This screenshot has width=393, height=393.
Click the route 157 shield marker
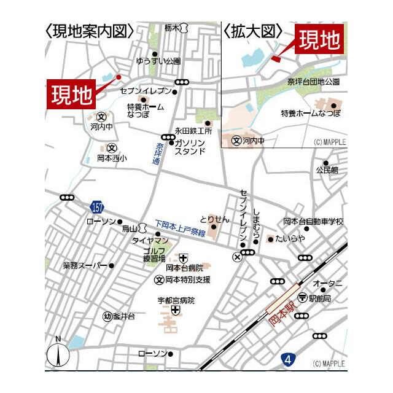pyautogui.click(x=97, y=206)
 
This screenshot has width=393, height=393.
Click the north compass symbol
pyautogui.click(x=57, y=353)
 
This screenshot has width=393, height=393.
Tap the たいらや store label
pyautogui.click(x=290, y=238)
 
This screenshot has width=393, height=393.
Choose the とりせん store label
pyautogui.click(x=214, y=219)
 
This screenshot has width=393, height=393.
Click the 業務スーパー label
pyautogui.click(x=85, y=266)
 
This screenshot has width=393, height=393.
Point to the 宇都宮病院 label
pyautogui.click(x=175, y=300)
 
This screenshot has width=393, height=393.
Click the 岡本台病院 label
pyautogui.click(x=184, y=268)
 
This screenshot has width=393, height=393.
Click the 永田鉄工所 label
pyautogui.click(x=193, y=131)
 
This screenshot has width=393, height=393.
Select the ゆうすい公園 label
pyautogui.click(x=158, y=61)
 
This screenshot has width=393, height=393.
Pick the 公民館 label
pyautogui.click(x=327, y=170)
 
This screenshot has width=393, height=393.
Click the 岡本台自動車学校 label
pyautogui.click(x=313, y=221)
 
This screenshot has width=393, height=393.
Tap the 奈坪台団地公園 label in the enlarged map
pyautogui.click(x=313, y=80)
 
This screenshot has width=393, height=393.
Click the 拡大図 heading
pyautogui.click(x=252, y=31)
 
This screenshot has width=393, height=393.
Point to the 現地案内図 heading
pyautogui.click(x=90, y=31)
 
